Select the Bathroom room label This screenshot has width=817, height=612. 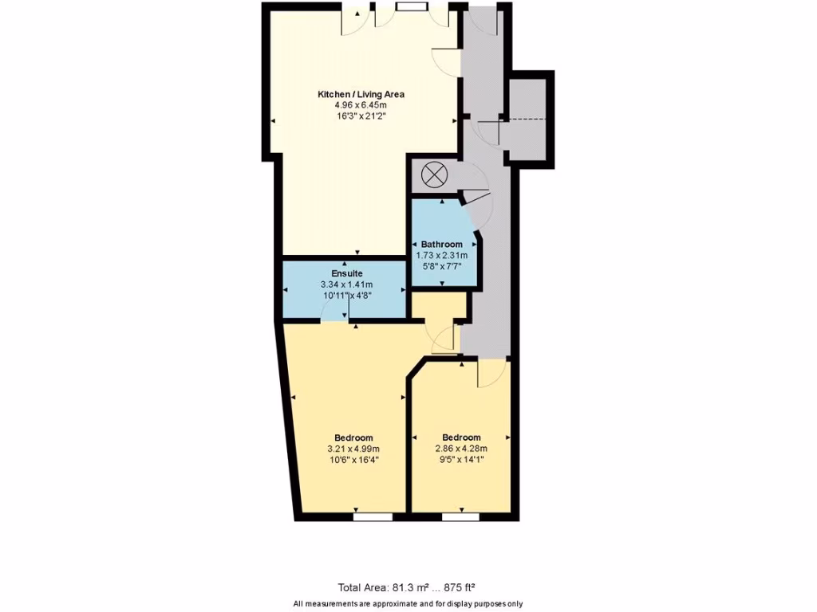[x=441, y=245]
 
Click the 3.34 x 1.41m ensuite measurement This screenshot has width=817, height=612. [x=347, y=284]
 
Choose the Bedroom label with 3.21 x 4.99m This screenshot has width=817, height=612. [x=353, y=437]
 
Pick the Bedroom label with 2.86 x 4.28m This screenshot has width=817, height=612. [x=461, y=437]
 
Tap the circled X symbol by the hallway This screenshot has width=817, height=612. [x=433, y=175]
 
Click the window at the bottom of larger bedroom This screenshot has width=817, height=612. [x=373, y=516]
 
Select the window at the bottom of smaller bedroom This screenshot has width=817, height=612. [x=460, y=516]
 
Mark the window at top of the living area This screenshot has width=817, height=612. [x=411, y=7]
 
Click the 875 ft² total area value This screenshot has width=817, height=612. [x=458, y=587]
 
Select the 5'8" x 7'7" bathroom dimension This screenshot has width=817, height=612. [x=441, y=266]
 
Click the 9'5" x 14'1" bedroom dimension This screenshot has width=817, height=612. [x=461, y=459]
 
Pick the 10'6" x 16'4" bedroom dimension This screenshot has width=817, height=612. [x=353, y=459]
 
